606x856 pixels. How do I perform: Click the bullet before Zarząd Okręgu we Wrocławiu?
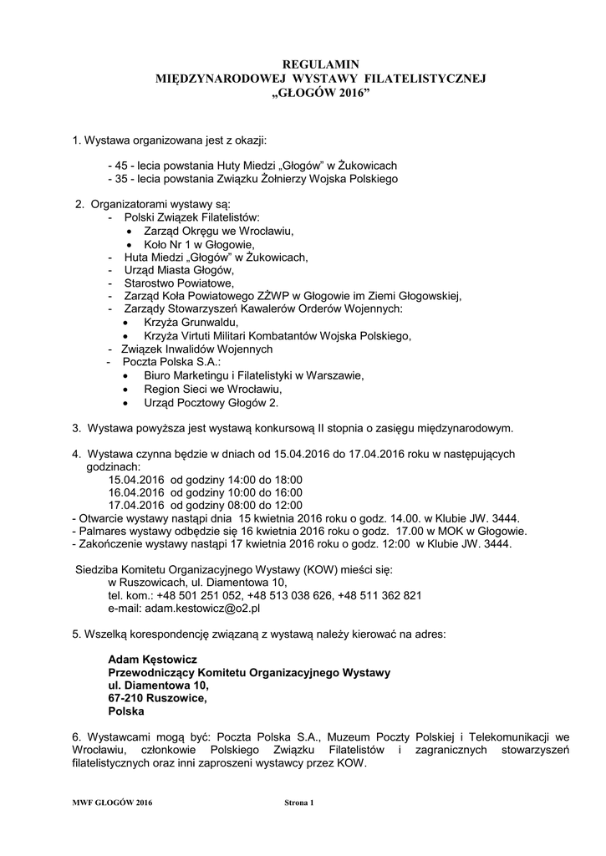point(129,230)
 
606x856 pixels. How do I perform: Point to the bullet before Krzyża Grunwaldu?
point(126,323)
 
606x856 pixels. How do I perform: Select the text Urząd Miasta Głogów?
point(179,270)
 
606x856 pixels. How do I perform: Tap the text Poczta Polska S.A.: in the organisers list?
point(171,362)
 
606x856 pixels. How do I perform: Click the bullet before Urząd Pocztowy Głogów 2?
point(126,403)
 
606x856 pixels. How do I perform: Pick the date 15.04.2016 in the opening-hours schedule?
point(136,480)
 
